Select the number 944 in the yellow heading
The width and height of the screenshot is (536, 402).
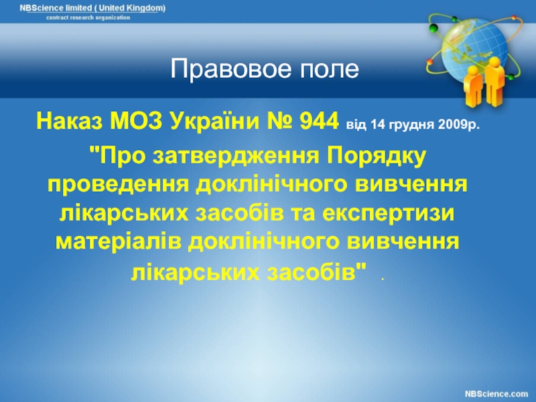[319, 121]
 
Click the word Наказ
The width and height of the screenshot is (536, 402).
[70, 121]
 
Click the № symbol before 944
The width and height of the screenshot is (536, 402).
[279, 121]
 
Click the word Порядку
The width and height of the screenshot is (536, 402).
[377, 156]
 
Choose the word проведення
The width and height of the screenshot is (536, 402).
[119, 185]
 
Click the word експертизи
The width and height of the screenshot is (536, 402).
[389, 213]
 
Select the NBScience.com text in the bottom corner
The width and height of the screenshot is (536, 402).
[496, 394]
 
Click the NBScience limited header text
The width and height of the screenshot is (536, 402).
[92, 8]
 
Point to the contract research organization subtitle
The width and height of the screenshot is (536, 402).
[88, 17]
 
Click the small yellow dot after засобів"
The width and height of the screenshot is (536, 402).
[383, 279]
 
